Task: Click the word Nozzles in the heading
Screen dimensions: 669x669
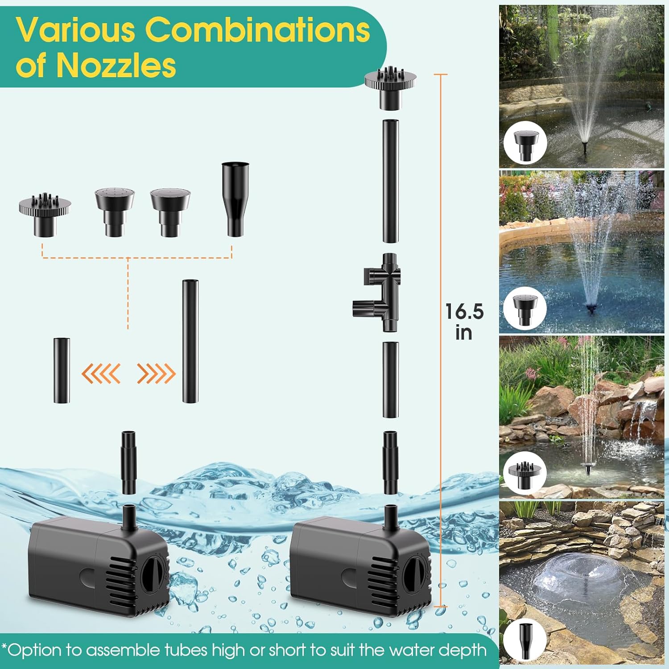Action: coord(116,66)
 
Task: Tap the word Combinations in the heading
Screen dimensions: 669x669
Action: coord(257,30)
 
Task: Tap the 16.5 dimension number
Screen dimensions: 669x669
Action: coord(464,311)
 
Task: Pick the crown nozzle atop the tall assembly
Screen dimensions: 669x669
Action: coord(390,87)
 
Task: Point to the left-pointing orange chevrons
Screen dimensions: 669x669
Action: coord(101,373)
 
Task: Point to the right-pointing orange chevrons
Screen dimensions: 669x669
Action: coord(156,373)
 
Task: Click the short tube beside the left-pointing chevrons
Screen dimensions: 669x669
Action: coord(62,370)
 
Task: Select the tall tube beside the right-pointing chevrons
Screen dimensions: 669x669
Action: coord(190,341)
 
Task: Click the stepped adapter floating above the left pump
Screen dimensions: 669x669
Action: coord(128,462)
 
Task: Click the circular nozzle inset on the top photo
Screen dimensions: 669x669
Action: coord(525,143)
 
